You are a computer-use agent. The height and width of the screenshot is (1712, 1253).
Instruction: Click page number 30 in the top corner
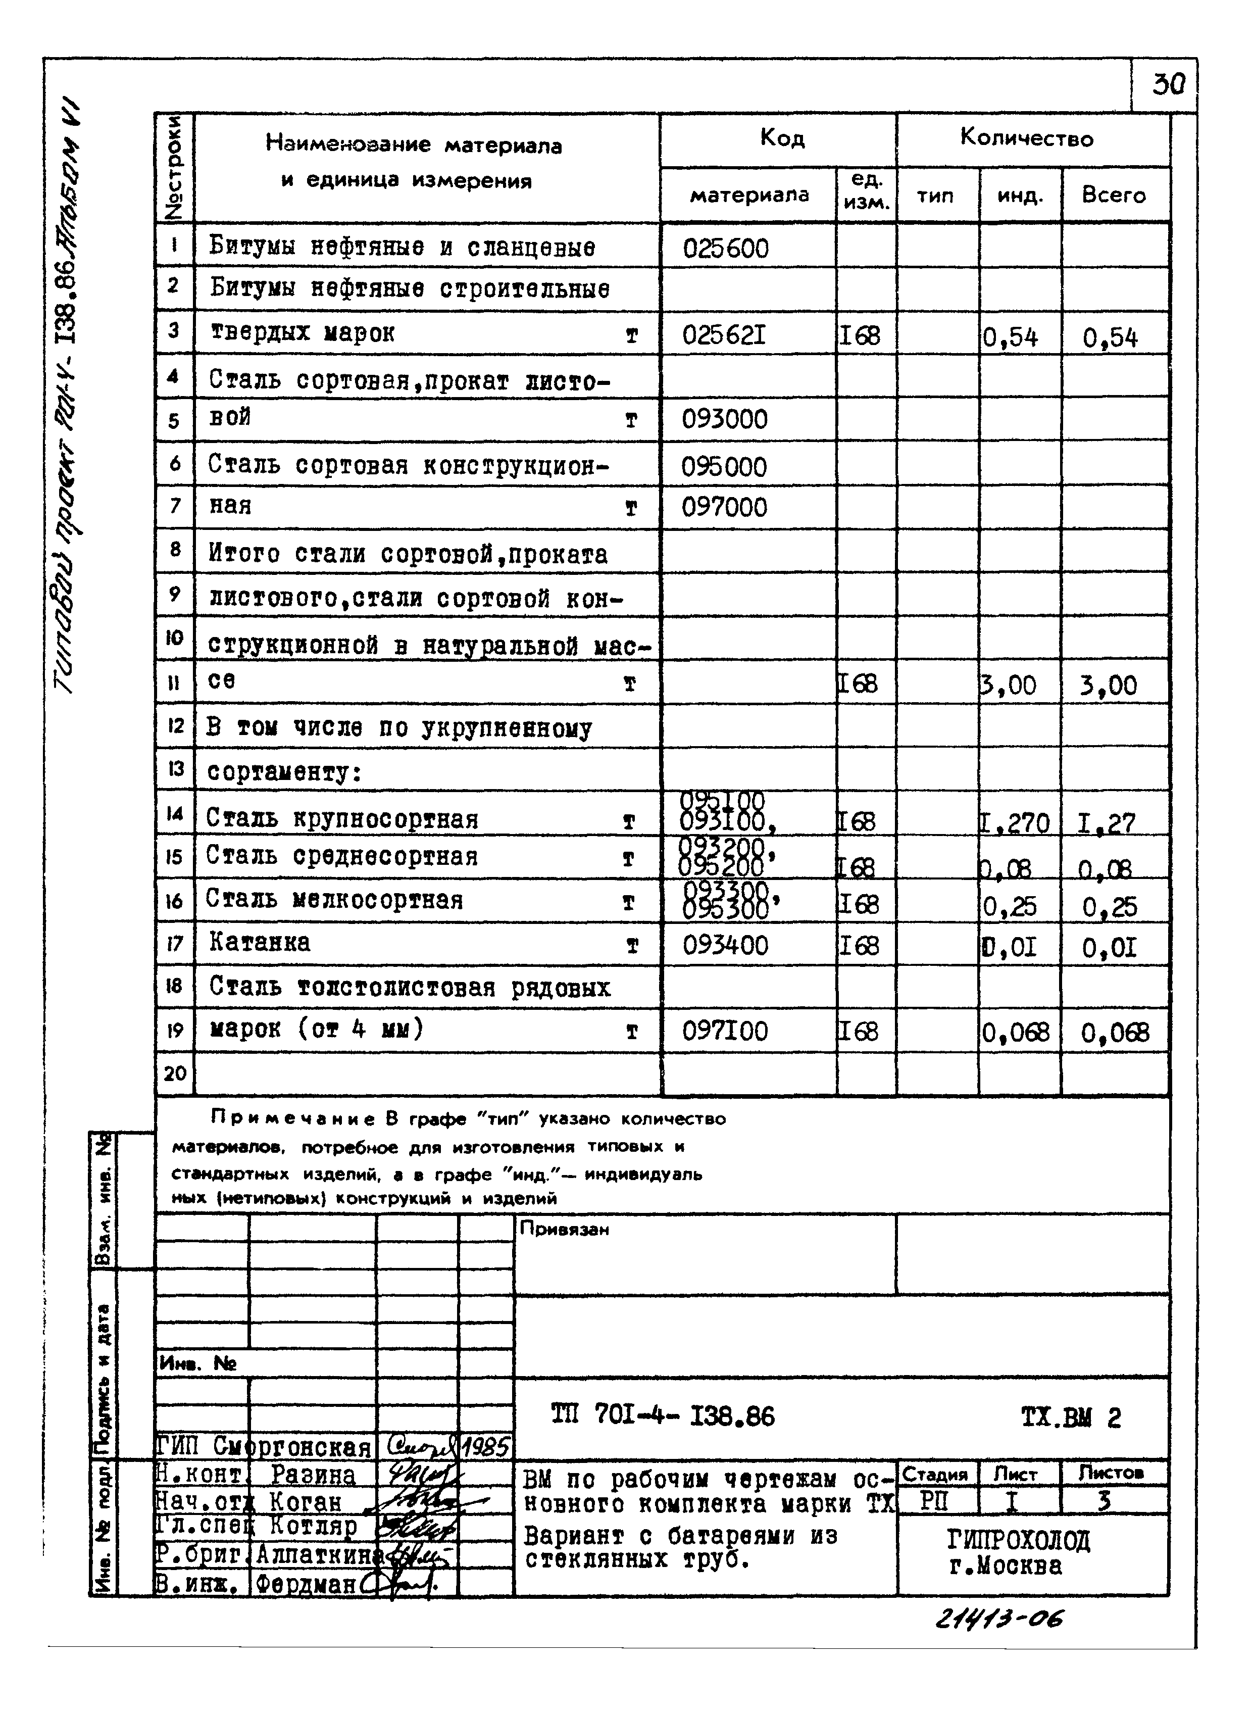point(1168,84)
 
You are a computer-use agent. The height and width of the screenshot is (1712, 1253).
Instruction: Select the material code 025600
point(725,249)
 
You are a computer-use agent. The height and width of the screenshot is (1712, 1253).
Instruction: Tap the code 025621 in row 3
point(724,334)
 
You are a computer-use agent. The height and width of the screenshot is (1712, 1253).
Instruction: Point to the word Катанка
point(260,943)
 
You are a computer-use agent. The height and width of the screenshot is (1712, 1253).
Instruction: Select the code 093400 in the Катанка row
point(724,945)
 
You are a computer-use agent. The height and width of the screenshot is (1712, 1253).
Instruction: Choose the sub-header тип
point(935,195)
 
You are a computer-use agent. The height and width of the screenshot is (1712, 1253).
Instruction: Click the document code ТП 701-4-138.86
point(662,1416)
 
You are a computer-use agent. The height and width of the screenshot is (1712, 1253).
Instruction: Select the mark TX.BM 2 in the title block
point(1070,1417)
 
